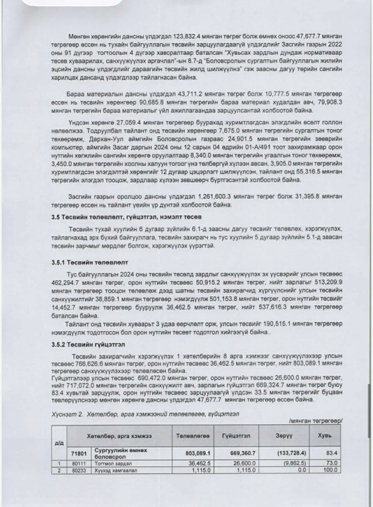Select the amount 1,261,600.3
[214, 197]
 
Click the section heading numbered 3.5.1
[90, 262]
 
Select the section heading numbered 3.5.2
[88, 345]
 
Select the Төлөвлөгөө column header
[193, 436]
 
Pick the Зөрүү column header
[284, 436]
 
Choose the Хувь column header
[324, 436]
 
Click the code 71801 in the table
[79, 453]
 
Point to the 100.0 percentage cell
[330, 470]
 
